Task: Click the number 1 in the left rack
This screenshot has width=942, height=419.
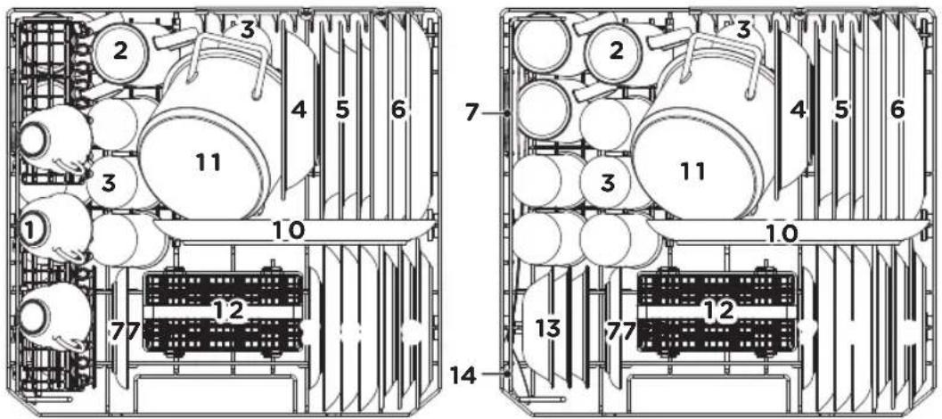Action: click(x=29, y=228)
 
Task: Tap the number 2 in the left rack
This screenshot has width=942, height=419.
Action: click(x=120, y=51)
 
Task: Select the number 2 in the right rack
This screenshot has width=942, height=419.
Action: click(x=615, y=51)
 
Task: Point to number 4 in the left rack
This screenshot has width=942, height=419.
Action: click(x=299, y=110)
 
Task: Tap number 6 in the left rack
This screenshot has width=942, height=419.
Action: click(x=398, y=110)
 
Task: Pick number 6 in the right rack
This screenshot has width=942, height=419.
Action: click(x=897, y=110)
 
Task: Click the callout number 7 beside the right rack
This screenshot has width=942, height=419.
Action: click(x=472, y=111)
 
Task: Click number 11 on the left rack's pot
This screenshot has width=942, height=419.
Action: click(x=208, y=161)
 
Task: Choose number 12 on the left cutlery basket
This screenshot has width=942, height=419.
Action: click(x=230, y=309)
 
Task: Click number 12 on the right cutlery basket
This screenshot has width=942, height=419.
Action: click(x=719, y=309)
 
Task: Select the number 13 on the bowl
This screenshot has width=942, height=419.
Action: click(x=547, y=329)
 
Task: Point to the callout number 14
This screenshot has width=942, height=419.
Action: click(x=463, y=376)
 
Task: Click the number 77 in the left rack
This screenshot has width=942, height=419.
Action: click(x=125, y=330)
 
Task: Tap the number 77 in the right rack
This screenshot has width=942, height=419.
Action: click(x=620, y=330)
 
